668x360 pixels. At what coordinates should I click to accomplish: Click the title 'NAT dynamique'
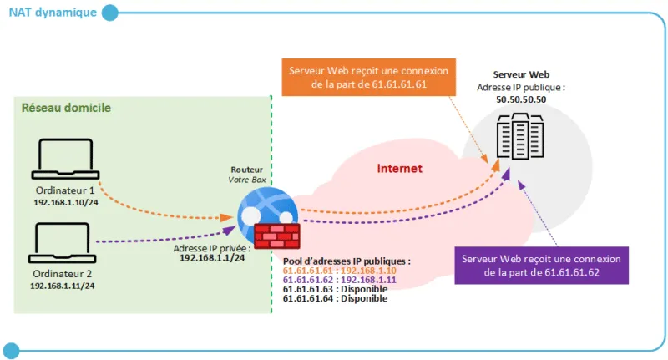(x=53, y=13)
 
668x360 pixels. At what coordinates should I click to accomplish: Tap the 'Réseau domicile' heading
(x=66, y=108)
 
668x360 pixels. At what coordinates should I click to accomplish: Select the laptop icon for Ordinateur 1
(x=65, y=159)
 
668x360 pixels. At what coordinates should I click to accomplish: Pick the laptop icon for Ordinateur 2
(x=62, y=243)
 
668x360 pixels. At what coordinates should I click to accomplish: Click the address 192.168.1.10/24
(x=66, y=202)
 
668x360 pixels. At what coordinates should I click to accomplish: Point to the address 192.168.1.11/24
(x=62, y=286)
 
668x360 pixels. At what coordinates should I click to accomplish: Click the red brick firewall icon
(x=277, y=236)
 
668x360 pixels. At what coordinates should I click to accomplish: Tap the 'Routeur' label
(x=246, y=170)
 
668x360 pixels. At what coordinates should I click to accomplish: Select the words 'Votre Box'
(x=247, y=180)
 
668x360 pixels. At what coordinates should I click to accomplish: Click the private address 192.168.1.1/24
(x=212, y=258)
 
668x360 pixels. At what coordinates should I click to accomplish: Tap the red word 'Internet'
(x=400, y=168)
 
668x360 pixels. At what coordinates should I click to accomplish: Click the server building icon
(x=520, y=136)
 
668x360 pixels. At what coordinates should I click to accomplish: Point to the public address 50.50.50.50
(x=521, y=99)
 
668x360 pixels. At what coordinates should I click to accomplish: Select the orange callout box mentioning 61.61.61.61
(x=369, y=77)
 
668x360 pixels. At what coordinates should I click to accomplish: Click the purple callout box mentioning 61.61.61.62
(x=541, y=266)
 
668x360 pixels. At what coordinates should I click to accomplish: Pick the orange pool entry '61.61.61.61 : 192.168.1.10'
(x=340, y=271)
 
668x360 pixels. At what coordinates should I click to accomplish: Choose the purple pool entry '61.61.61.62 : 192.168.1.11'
(x=340, y=280)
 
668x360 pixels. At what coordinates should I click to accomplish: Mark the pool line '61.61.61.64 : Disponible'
(x=336, y=298)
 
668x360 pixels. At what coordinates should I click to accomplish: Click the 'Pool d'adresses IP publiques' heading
(x=347, y=261)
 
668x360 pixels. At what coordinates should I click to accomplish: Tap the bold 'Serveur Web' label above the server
(x=521, y=74)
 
